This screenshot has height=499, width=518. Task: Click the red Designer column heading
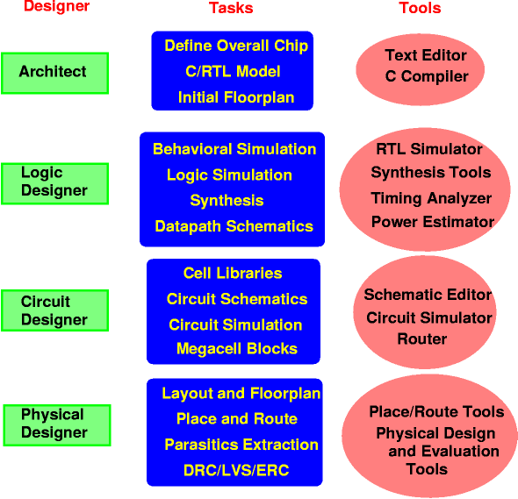(x=56, y=6)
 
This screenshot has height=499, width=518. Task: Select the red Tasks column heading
(x=231, y=8)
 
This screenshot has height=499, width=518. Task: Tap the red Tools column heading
(x=420, y=8)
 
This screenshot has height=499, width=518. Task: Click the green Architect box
(x=54, y=73)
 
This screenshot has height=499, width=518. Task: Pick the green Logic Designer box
(x=54, y=183)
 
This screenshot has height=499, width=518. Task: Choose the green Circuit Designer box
(x=54, y=310)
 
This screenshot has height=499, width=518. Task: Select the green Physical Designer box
(x=57, y=425)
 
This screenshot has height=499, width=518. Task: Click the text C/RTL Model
(x=233, y=71)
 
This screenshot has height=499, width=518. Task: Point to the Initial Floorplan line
(x=236, y=97)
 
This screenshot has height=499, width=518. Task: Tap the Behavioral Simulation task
(x=234, y=149)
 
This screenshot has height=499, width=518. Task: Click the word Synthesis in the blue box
(x=227, y=201)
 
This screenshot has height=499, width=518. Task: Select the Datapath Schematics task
(x=234, y=226)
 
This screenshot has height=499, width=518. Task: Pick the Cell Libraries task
(x=233, y=274)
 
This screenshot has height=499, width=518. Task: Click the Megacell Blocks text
(x=237, y=349)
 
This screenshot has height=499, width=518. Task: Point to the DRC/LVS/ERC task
(x=236, y=470)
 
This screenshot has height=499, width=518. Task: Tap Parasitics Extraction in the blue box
(x=241, y=445)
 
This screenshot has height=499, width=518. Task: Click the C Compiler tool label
(x=427, y=76)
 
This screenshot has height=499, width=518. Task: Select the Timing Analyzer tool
(x=431, y=198)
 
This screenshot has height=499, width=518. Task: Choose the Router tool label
(x=422, y=339)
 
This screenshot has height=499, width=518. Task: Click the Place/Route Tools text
(x=436, y=411)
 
